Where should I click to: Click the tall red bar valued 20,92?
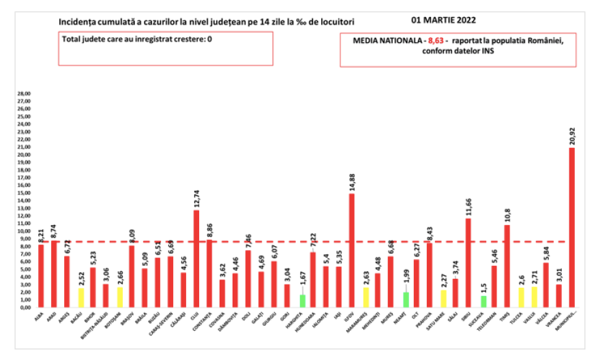(572, 228)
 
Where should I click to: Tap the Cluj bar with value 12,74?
(196, 258)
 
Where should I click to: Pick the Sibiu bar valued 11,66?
(468, 262)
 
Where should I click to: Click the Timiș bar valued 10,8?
(507, 266)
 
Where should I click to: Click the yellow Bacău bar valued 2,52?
(80, 297)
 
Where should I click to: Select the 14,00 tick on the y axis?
(24, 200)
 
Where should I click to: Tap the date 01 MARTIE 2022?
(445, 22)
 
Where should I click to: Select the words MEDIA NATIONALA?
(387, 41)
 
